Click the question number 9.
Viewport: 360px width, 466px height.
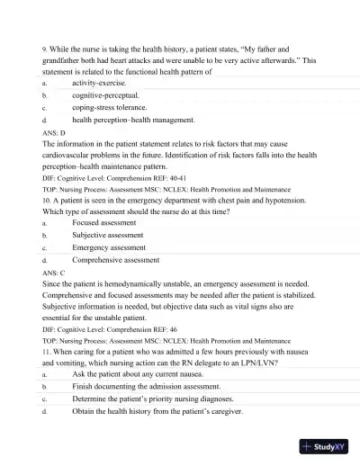coord(45,49)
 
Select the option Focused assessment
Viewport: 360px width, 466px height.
coord(103,221)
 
